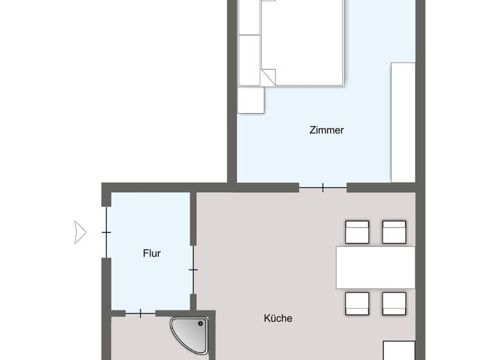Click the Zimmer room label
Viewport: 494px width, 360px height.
[x=326, y=130]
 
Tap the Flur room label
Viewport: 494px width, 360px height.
[x=152, y=253]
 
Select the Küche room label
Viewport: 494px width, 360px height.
[x=278, y=318]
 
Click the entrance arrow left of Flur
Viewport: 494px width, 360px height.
[x=80, y=232]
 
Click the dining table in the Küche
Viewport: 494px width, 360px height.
[x=375, y=267]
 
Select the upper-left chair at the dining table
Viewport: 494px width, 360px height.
[x=357, y=232]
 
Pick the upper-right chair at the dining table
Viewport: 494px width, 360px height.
[x=394, y=232]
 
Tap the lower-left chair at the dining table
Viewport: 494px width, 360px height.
[x=357, y=303]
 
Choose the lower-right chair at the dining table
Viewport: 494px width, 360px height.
[x=394, y=303]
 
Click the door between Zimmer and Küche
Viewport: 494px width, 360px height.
[x=323, y=188]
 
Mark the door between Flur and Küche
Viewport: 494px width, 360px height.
[x=193, y=269]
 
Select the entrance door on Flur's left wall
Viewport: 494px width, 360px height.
[x=106, y=231]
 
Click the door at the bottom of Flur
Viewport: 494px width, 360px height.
[x=140, y=313]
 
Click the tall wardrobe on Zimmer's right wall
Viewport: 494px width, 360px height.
[x=403, y=122]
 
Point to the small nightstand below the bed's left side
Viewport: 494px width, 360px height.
[x=251, y=100]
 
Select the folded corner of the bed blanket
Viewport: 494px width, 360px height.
[x=268, y=76]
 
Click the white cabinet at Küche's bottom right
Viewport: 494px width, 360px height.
[x=399, y=350]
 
